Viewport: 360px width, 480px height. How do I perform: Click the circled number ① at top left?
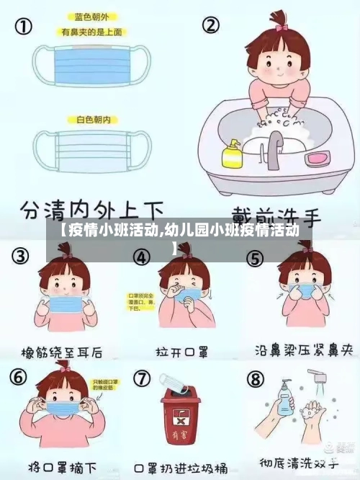click(x=24, y=27)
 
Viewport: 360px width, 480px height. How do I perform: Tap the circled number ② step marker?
click(x=210, y=27)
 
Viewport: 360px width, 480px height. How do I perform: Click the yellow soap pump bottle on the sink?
click(x=232, y=154)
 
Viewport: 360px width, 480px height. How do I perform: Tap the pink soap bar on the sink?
click(x=316, y=157)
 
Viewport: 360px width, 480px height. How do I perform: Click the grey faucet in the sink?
click(x=275, y=148)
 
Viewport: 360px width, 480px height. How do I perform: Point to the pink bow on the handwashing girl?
click(x=280, y=27)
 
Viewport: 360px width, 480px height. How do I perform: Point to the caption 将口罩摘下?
click(x=60, y=466)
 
